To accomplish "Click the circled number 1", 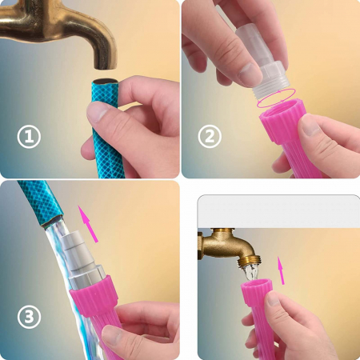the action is [x=29, y=137].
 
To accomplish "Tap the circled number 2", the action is [x=210, y=136].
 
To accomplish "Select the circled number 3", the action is [x=29, y=317].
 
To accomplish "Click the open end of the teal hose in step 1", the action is [x=105, y=82].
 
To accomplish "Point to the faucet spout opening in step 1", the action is [x=106, y=66].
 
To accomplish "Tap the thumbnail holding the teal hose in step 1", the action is [x=97, y=111].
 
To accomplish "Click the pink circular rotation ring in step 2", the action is [x=276, y=98].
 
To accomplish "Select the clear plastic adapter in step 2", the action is [x=262, y=61].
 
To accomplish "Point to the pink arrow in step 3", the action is [x=88, y=224].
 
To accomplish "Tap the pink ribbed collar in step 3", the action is [x=94, y=295].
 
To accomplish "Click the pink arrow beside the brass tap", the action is [x=281, y=270].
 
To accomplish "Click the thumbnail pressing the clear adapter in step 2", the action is [x=250, y=74].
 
